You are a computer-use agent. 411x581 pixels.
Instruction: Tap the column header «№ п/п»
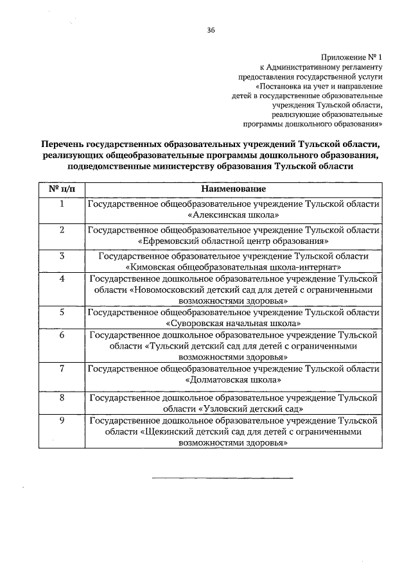point(62,189)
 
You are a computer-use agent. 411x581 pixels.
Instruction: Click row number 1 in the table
point(62,204)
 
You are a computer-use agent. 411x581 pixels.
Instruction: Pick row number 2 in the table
point(62,230)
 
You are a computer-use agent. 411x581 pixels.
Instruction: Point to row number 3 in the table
point(62,256)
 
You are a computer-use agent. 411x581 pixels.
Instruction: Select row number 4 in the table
point(62,279)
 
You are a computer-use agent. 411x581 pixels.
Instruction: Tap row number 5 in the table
point(62,312)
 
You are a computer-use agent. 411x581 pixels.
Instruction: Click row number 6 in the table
point(62,335)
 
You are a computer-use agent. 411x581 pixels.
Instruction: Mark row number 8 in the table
point(62,398)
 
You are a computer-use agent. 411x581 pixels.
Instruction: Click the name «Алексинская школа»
point(233,215)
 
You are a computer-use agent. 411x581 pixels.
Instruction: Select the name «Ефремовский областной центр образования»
point(233,241)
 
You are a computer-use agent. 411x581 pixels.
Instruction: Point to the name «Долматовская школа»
point(233,379)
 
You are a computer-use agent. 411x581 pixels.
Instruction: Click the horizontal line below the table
point(222,478)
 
